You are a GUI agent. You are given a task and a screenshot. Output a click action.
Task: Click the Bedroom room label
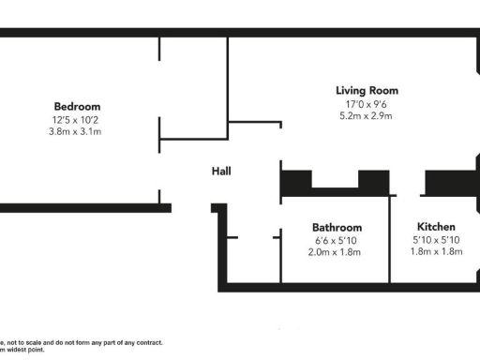tap(77, 107)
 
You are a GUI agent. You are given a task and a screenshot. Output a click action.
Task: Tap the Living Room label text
tap(367, 91)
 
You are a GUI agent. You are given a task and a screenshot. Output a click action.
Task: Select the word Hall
tap(221, 171)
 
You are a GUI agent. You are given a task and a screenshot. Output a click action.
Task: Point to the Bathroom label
tap(337, 228)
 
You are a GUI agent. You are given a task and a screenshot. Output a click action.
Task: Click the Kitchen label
tap(436, 228)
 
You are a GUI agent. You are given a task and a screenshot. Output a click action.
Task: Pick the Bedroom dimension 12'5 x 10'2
tap(77, 120)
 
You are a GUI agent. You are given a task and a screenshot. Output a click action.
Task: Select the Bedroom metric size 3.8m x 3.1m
tap(77, 132)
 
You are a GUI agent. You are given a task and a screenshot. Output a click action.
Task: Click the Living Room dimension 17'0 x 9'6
tap(367, 104)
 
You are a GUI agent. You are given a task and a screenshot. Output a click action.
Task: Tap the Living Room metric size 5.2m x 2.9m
tap(367, 116)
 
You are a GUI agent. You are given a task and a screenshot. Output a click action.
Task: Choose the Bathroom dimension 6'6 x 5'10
tap(337, 241)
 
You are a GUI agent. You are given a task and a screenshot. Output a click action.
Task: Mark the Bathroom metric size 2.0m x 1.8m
tap(337, 253)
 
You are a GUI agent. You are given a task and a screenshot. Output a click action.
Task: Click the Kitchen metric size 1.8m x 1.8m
tap(436, 253)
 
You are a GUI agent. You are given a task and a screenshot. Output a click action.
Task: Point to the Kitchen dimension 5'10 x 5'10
tap(436, 241)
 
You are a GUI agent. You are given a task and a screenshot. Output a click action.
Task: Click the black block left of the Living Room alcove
tap(297, 182)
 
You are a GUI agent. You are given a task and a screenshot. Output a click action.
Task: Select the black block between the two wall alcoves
tap(375, 182)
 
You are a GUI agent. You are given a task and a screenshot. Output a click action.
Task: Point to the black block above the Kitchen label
tap(446, 182)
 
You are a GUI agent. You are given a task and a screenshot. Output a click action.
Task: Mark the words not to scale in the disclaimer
tap(26, 343)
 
